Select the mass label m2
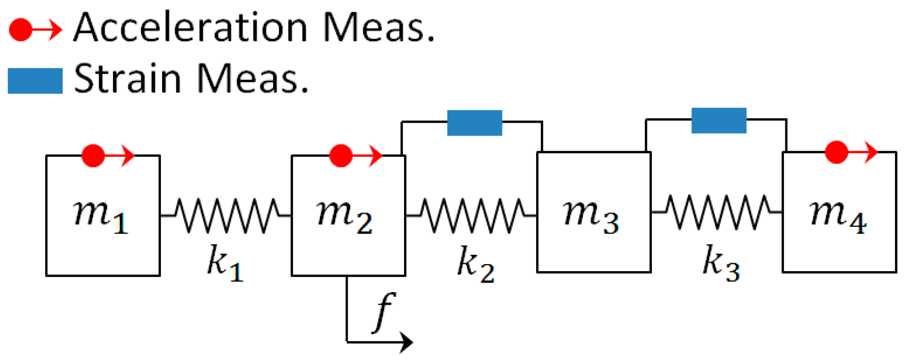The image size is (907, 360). pos(345,216)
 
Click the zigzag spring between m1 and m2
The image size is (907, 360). pos(226,215)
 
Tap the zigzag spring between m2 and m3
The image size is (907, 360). pos(472,215)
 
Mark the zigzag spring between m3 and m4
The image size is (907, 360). pos(717,212)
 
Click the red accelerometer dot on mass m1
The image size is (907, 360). pos(93,156)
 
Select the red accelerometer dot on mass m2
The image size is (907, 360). pos(340,156)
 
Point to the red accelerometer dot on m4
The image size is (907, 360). pos(836,152)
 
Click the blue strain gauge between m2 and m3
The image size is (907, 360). pos(475,123)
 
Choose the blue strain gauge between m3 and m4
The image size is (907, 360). pos(719,121)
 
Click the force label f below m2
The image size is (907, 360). pos(384,312)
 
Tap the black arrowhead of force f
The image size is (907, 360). pos(406,342)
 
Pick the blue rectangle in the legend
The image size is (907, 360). pos(35,81)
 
